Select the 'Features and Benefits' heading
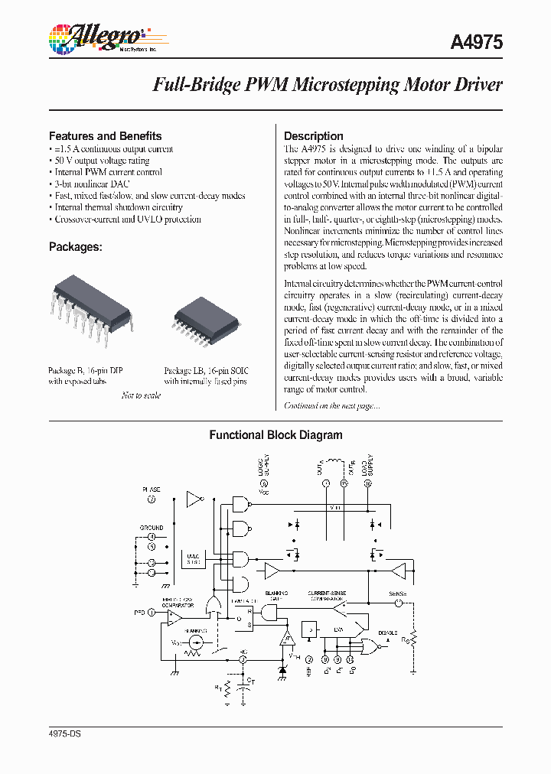(x=105, y=135)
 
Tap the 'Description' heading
(x=313, y=136)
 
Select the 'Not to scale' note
(x=141, y=395)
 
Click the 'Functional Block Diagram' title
(x=275, y=435)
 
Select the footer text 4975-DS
(x=64, y=733)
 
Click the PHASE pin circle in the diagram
(x=152, y=499)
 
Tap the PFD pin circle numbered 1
(x=152, y=612)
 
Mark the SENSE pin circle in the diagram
(x=397, y=603)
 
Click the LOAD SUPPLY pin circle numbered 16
(x=367, y=483)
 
